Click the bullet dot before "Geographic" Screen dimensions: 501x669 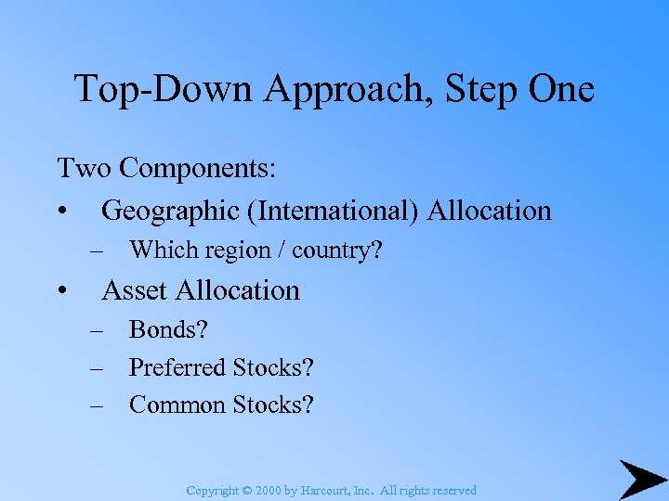61,212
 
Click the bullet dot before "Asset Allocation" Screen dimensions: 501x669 61,291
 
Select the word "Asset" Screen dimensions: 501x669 136,290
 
